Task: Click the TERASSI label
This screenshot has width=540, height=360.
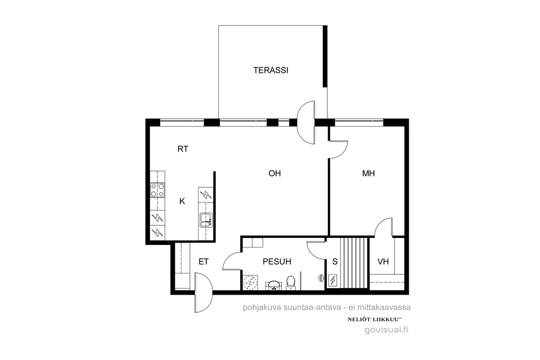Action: tap(271, 70)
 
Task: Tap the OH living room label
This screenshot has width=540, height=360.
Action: tap(275, 174)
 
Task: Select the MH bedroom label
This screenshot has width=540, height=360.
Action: tap(368, 174)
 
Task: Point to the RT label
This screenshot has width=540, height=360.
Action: tap(183, 149)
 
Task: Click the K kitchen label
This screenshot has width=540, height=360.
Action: tap(182, 202)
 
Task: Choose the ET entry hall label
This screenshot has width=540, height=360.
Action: tap(204, 262)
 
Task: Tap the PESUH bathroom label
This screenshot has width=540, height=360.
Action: tap(277, 262)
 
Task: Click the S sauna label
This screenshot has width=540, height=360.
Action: tap(335, 262)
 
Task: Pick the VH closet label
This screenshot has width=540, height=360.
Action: tap(383, 262)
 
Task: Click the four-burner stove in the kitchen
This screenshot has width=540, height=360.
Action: tap(158, 190)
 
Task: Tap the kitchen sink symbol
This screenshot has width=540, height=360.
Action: tap(206, 220)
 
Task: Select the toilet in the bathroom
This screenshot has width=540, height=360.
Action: tap(291, 282)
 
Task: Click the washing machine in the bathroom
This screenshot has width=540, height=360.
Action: tap(250, 282)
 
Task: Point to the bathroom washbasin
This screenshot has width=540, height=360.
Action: tap(274, 285)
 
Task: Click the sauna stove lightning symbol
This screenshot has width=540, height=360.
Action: tap(333, 281)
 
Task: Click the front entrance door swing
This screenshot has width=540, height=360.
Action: tap(204, 293)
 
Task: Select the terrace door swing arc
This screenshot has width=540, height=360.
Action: tap(306, 122)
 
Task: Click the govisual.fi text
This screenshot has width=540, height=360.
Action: tap(387, 330)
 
